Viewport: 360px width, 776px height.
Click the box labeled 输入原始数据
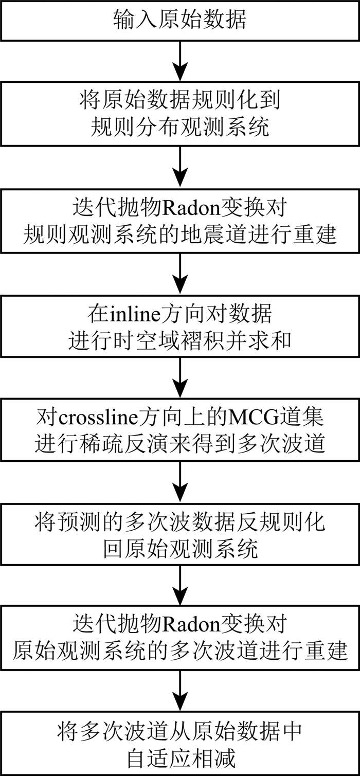179,20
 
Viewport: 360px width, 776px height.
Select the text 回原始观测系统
179,550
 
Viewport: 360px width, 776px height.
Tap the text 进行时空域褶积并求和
179,341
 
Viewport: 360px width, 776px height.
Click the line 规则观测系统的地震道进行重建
179,236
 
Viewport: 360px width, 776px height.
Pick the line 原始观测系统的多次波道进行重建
179,652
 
